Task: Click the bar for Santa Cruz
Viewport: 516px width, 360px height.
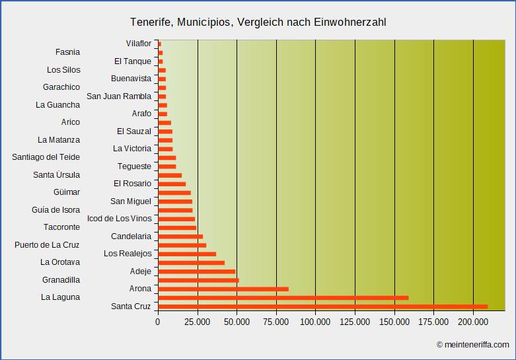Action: (322, 306)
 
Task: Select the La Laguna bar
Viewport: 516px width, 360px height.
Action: (283, 297)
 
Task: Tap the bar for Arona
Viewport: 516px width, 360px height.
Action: (223, 289)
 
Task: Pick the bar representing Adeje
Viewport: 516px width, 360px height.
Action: (196, 271)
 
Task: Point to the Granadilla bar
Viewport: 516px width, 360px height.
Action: (198, 280)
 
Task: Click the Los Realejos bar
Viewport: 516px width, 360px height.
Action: (187, 254)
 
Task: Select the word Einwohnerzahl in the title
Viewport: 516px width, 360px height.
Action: (353, 22)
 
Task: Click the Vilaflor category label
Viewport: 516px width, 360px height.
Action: (139, 44)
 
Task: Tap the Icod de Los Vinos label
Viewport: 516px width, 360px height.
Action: (119, 219)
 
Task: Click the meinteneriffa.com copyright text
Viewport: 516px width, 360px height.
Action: (472, 344)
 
